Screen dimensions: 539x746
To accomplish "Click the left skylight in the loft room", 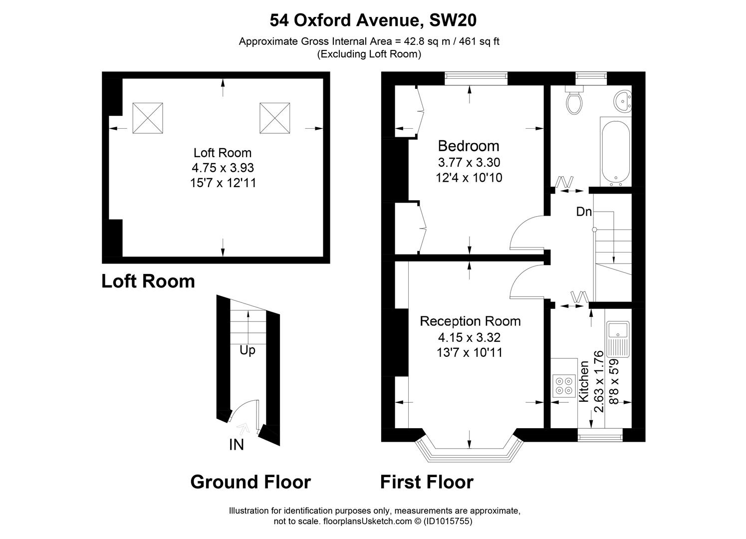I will click(x=148, y=118).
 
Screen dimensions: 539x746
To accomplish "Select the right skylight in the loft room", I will click(x=274, y=118).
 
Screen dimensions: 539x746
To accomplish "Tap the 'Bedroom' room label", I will click(x=468, y=146).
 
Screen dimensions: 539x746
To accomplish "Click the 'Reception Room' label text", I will click(x=470, y=321).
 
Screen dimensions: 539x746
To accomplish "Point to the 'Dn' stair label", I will click(x=584, y=212).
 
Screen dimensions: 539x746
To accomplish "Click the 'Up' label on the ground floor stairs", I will click(x=248, y=350).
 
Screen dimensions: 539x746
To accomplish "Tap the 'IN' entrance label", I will click(x=237, y=445).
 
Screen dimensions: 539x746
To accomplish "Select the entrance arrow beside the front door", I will click(x=244, y=428).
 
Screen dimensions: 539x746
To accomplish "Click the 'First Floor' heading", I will click(x=427, y=482).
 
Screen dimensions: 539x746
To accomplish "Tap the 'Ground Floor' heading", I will click(x=250, y=482).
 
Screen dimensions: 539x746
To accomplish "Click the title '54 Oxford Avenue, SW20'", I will click(x=373, y=20).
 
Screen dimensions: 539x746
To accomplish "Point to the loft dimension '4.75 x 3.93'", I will click(x=223, y=168).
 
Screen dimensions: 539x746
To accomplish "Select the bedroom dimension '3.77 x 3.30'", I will click(x=469, y=162).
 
